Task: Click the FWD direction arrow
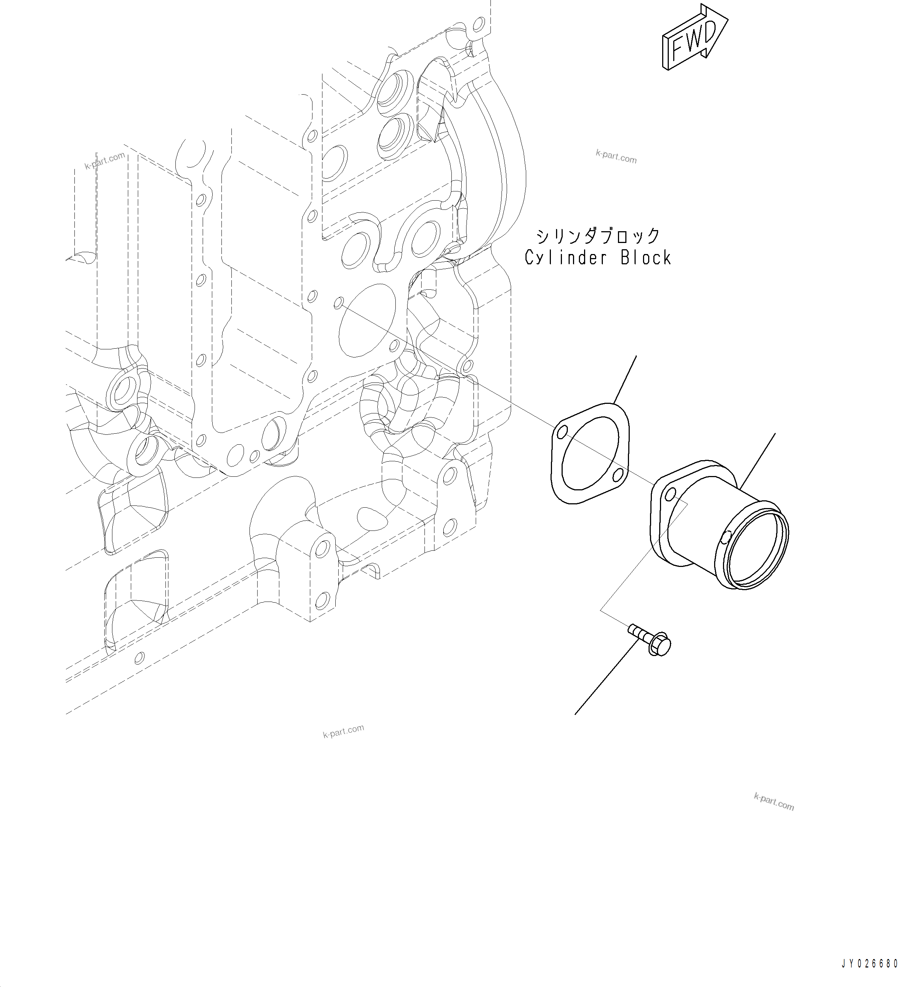[x=695, y=38]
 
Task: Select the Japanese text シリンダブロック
[x=598, y=236]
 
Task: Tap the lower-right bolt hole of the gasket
[x=618, y=473]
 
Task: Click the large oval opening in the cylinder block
[x=367, y=321]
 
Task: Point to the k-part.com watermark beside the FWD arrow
[x=616, y=157]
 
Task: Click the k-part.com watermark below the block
[x=343, y=731]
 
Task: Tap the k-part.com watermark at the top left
[x=105, y=160]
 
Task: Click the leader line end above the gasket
[x=636, y=357]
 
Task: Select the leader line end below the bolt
[x=575, y=714]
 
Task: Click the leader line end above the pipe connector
[x=775, y=434]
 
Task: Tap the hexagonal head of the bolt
[x=660, y=646]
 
